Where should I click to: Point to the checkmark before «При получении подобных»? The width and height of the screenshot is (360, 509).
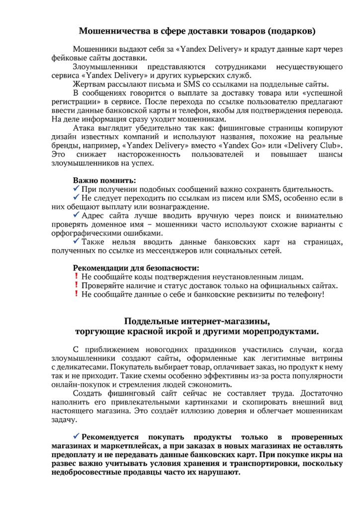click(x=76, y=189)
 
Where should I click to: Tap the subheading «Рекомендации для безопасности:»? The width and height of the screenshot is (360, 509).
click(x=136, y=268)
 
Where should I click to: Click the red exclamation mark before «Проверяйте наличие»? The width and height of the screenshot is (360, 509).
click(x=76, y=286)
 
